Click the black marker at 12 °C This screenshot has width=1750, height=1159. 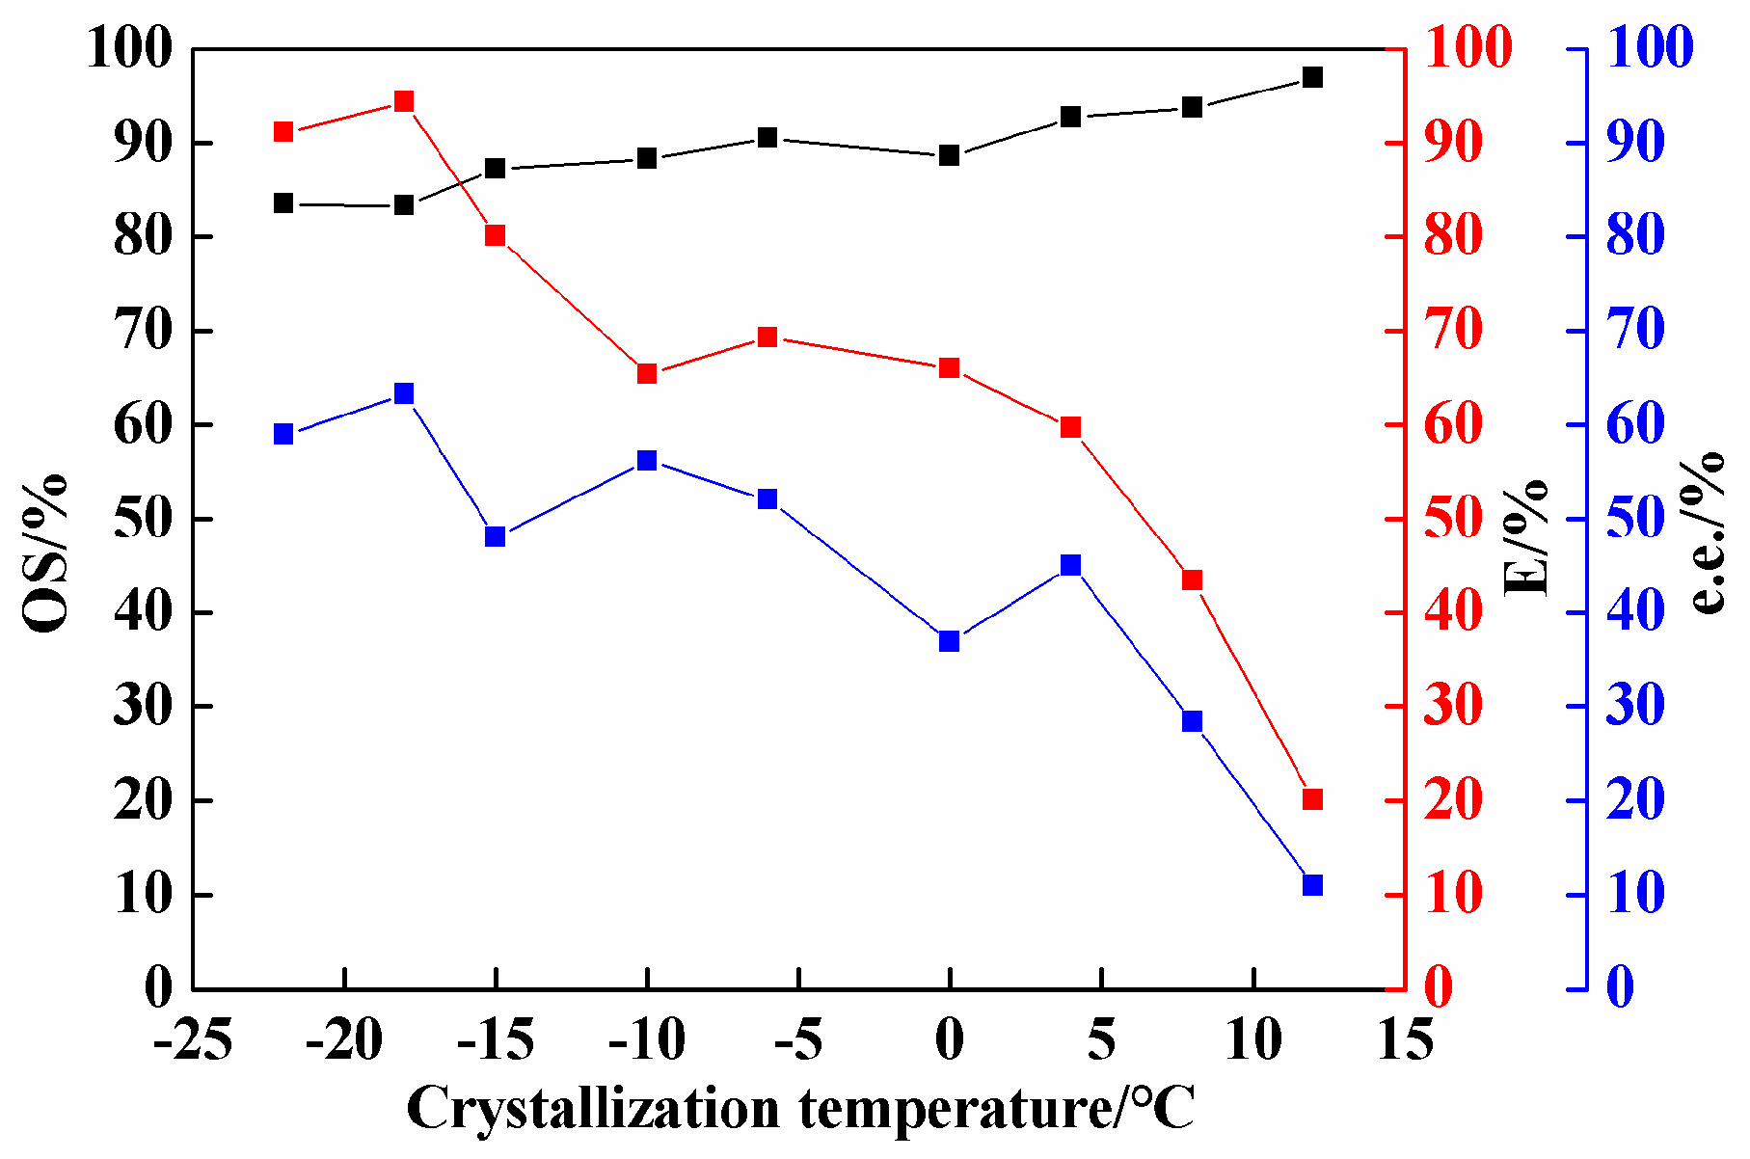1312,77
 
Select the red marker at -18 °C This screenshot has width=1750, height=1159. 404,101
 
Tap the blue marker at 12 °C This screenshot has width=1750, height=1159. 1312,885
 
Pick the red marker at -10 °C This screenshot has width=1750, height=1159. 647,373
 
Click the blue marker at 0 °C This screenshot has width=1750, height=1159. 949,641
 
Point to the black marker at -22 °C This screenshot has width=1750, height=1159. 283,203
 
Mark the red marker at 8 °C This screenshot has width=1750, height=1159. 1192,579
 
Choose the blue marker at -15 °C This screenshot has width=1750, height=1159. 496,536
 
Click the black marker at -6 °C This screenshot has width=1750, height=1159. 767,138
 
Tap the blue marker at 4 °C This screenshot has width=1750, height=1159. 1070,565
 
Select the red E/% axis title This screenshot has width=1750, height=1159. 1526,536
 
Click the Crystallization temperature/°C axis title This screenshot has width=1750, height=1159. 800,1109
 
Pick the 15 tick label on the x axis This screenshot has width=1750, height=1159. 1404,1041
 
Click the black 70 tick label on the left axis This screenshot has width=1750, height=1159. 143,331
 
